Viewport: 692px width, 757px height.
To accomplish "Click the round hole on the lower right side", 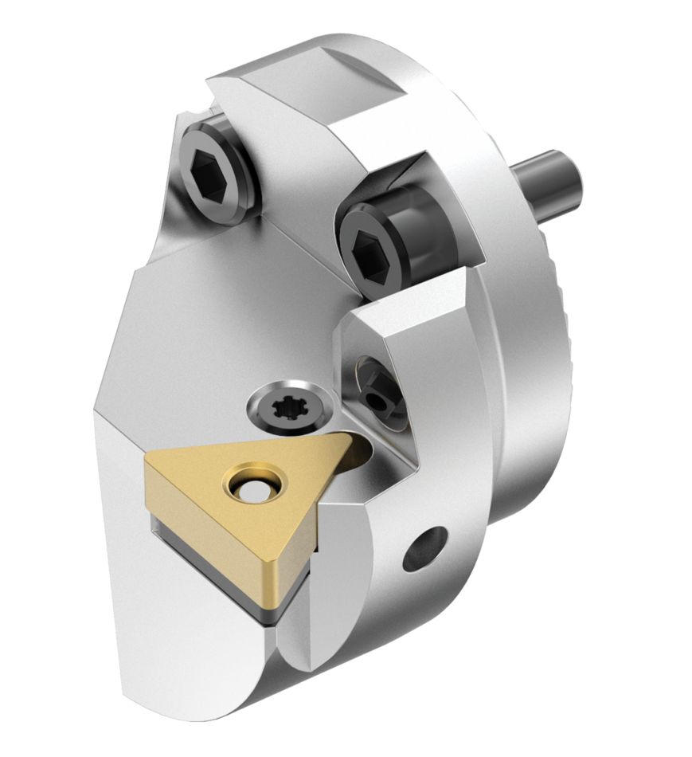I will coord(423,550).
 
